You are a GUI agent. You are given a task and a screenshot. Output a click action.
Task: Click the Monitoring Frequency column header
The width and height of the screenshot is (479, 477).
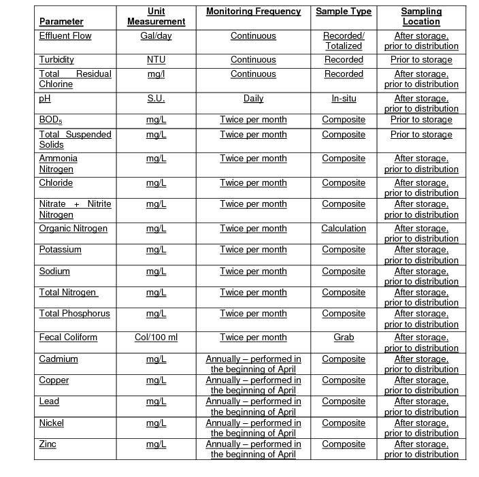pyautogui.click(x=253, y=12)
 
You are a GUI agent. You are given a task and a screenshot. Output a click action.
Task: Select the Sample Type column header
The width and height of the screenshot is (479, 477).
pyautogui.click(x=344, y=12)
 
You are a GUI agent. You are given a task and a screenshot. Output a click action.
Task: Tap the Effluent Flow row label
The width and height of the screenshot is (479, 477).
pyautogui.click(x=65, y=35)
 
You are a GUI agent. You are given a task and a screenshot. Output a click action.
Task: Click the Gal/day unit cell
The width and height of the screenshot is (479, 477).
pyautogui.click(x=156, y=35)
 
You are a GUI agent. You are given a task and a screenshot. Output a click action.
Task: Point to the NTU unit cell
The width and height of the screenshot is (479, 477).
pyautogui.click(x=156, y=60)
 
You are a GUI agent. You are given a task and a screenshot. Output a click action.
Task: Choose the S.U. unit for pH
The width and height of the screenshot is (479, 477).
pyautogui.click(x=156, y=98)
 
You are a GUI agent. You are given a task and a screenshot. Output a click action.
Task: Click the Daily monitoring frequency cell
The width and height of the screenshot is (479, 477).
pyautogui.click(x=253, y=98)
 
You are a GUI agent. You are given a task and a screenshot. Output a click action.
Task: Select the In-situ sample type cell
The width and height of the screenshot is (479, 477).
pyautogui.click(x=344, y=98)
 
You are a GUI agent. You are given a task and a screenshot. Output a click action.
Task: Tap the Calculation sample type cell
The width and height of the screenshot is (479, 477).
pyautogui.click(x=344, y=229)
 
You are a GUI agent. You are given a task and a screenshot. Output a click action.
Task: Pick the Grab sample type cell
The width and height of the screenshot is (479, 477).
pyautogui.click(x=344, y=338)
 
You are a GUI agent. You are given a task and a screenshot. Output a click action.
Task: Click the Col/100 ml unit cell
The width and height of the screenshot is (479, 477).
pyautogui.click(x=156, y=338)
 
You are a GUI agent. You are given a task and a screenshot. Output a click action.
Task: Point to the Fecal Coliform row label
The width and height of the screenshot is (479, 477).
pyautogui.click(x=68, y=338)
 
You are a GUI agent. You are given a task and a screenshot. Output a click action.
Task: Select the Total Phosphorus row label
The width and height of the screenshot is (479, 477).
pyautogui.click(x=74, y=314)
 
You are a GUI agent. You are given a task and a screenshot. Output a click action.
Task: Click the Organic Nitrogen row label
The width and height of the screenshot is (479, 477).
pyautogui.click(x=73, y=229)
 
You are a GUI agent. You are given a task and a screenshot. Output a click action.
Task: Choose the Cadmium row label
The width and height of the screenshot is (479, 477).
pyautogui.click(x=59, y=359)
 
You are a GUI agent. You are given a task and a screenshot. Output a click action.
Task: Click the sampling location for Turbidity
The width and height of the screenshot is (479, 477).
pyautogui.click(x=421, y=60)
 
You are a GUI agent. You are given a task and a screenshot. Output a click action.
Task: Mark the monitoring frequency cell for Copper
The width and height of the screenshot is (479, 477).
pyautogui.click(x=253, y=385)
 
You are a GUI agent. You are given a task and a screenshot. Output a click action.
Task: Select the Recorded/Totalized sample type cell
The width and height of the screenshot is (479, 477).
pyautogui.click(x=344, y=41)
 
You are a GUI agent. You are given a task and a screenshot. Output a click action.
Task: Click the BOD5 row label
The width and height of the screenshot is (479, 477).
pyautogui.click(x=50, y=120)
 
